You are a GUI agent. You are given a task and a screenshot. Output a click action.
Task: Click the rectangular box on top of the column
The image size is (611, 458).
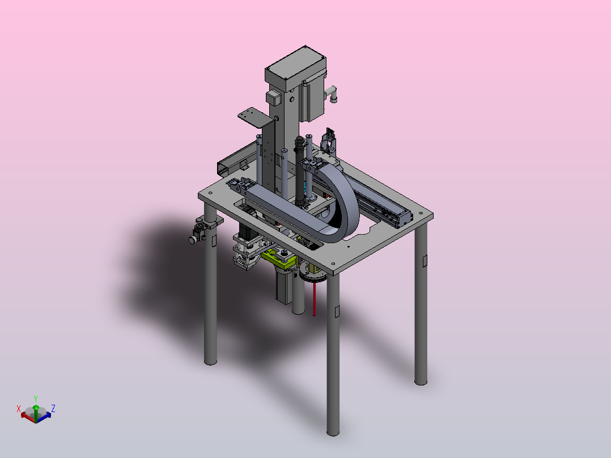point(295,68)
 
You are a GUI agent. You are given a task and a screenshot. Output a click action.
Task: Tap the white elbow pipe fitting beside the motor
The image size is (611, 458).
point(332,94)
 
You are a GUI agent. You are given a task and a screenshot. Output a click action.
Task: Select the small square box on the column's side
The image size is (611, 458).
point(274,98)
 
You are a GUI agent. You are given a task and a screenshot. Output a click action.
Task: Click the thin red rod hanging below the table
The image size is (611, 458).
point(314,299)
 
